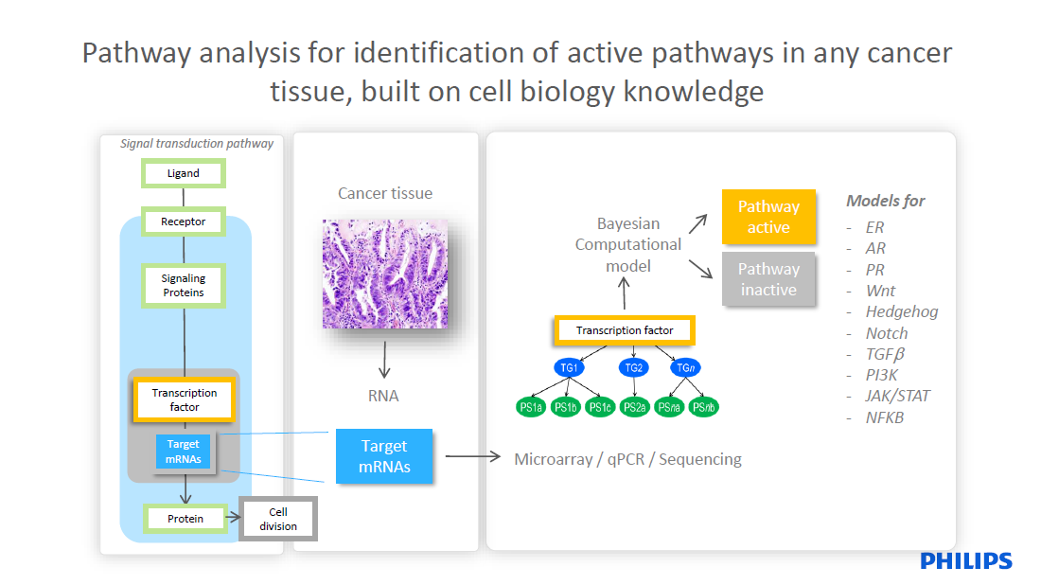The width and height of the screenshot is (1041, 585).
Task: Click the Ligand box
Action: [183, 173]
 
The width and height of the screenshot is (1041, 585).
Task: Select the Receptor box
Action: [183, 222]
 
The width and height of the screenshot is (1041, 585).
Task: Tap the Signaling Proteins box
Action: [183, 286]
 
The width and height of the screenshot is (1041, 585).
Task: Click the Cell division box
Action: [277, 520]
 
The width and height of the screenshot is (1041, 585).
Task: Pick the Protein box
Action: [185, 519]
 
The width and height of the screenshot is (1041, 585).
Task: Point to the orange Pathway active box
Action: [768, 217]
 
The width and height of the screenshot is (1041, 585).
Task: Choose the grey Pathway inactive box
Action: [768, 279]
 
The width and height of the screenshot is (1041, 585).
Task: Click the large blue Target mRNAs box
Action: [384, 456]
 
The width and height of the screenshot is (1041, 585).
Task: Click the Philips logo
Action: [966, 561]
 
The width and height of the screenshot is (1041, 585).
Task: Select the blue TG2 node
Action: [633, 367]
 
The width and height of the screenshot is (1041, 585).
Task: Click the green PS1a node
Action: [531, 408]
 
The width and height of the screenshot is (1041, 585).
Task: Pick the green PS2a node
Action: [634, 408]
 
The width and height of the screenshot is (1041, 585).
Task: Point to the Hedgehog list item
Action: [902, 311]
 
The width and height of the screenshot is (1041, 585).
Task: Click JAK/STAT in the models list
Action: [897, 396]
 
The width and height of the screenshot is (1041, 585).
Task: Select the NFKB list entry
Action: [885, 417]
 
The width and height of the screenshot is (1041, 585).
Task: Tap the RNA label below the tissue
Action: [383, 396]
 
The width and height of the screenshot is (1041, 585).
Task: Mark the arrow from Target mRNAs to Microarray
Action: [471, 457]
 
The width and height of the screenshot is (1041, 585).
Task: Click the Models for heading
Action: [885, 201]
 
